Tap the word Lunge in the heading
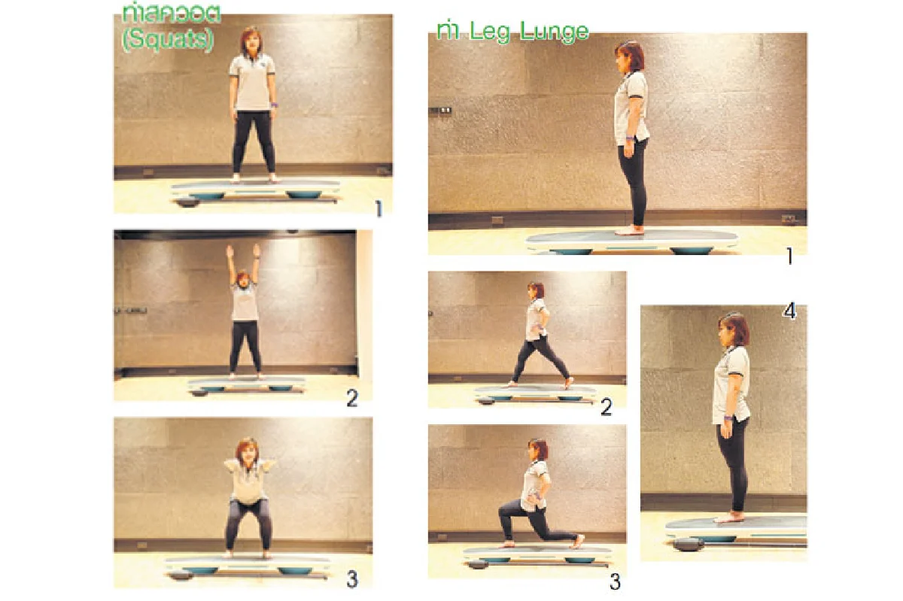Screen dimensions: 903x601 coord(555,32)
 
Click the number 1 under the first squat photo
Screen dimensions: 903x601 coord(379,208)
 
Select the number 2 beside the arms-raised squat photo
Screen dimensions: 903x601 coord(352,399)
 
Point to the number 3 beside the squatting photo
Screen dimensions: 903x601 coord(352,580)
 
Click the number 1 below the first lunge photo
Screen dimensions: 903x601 coord(789,256)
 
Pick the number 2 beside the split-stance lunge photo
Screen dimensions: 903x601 coord(607,407)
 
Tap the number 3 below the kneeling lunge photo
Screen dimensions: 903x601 coord(615,581)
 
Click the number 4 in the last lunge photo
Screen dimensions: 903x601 coord(789,311)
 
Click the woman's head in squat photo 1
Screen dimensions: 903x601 coord(251,41)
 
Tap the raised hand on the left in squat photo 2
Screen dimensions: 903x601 coord(229,251)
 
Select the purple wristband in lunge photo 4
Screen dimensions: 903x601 coord(728,417)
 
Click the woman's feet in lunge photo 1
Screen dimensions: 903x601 coord(629,230)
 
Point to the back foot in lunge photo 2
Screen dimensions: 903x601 coord(568,383)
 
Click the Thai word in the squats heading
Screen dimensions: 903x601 coord(172,15)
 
